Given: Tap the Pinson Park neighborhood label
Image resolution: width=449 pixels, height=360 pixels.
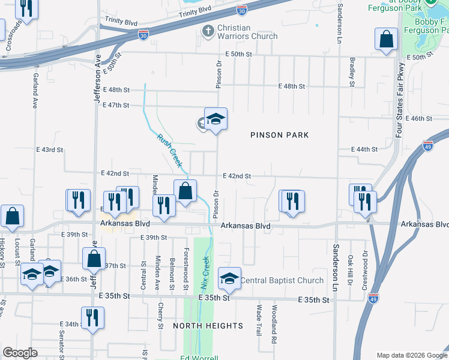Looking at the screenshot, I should (x=280, y=135).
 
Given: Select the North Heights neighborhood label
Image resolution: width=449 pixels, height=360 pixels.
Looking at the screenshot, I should (x=208, y=326).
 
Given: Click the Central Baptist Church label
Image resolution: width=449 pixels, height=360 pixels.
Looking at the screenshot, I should (x=282, y=280).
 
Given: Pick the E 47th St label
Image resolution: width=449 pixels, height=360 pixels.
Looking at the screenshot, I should (x=116, y=105).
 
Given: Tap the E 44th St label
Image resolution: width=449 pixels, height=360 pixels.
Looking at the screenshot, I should (x=364, y=149).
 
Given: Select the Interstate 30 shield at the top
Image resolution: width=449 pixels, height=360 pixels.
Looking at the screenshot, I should (x=241, y=11).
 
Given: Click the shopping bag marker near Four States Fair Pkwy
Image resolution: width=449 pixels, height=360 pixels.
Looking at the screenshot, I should (x=387, y=39).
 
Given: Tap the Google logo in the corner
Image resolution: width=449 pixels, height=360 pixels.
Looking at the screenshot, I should (x=20, y=353).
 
